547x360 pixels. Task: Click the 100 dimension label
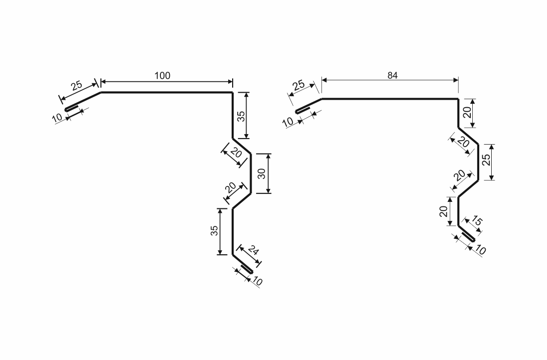pyautogui.click(x=162, y=75)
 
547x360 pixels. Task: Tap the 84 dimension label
pyautogui.click(x=393, y=75)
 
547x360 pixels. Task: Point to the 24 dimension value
pyautogui.click(x=254, y=250)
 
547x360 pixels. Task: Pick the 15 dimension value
pyautogui.click(x=477, y=221)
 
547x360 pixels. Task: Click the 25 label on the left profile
pyautogui.click(x=76, y=85)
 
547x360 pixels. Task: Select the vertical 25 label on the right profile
pyautogui.click(x=486, y=159)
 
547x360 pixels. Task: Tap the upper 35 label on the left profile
pyautogui.click(x=241, y=116)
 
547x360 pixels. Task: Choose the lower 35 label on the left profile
pyautogui.click(x=214, y=230)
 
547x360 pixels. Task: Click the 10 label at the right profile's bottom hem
pyautogui.click(x=480, y=250)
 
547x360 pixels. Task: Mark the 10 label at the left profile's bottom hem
pyautogui.click(x=257, y=281)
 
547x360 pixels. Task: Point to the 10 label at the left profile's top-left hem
pyautogui.click(x=57, y=118)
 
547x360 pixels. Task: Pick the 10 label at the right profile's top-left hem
pyautogui.click(x=288, y=122)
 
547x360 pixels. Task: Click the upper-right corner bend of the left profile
pyautogui.click(x=232, y=93)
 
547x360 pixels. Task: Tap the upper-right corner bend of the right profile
pyautogui.click(x=458, y=99)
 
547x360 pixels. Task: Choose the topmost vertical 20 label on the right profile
pyautogui.click(x=467, y=112)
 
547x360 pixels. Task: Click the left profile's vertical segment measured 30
pyautogui.click(x=251, y=173)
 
